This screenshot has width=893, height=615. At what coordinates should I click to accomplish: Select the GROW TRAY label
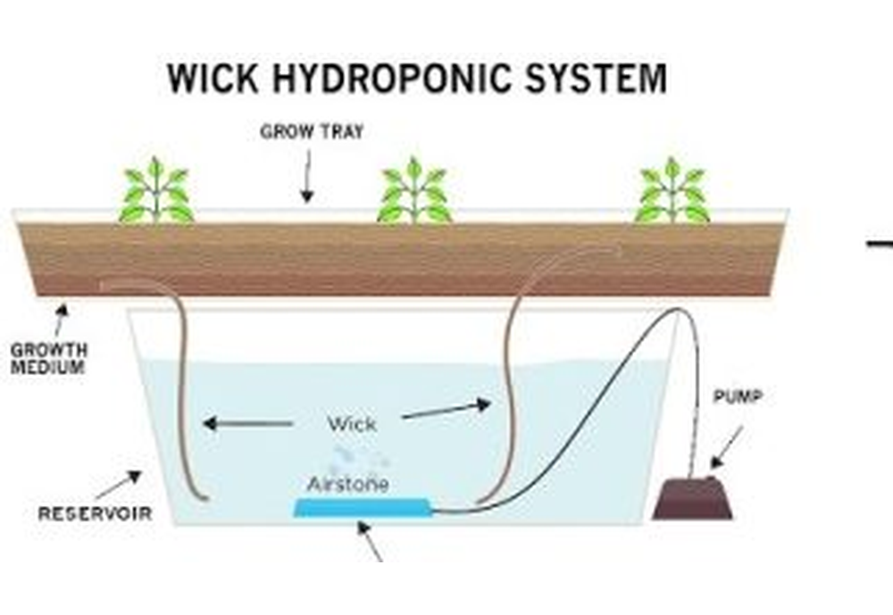click(x=312, y=132)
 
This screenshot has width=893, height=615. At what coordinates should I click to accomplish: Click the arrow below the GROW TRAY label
click(x=307, y=178)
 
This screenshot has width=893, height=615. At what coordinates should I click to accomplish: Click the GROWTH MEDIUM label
click(x=48, y=358)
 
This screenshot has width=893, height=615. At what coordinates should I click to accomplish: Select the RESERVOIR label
click(x=95, y=513)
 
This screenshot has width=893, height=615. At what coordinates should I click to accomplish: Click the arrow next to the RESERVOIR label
click(x=118, y=485)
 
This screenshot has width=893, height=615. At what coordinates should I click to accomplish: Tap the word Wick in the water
click(x=352, y=423)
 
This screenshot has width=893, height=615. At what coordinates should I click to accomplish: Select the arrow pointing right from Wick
click(x=446, y=410)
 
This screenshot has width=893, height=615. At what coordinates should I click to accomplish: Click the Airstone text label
click(x=347, y=485)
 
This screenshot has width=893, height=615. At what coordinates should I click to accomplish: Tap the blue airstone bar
click(x=362, y=508)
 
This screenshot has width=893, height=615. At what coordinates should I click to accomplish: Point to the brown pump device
click(x=693, y=500)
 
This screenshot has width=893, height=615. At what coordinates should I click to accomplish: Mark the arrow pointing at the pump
click(x=727, y=445)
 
